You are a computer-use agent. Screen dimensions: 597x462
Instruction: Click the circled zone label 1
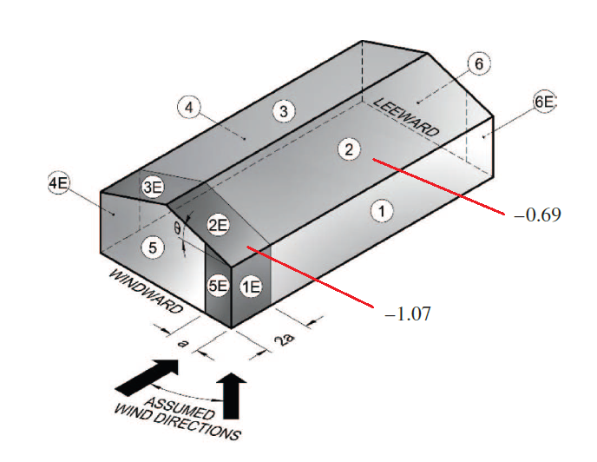[382, 211]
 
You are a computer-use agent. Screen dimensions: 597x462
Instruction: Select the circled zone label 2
[349, 148]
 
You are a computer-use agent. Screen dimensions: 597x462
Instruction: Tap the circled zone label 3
[284, 111]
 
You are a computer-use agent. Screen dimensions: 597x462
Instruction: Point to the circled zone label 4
[189, 108]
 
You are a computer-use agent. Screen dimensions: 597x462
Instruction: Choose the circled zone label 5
[153, 247]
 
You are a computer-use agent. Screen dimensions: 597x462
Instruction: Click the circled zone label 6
[479, 63]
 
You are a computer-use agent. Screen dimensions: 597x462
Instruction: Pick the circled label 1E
[252, 287]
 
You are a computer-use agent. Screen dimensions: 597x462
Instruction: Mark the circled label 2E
[218, 225]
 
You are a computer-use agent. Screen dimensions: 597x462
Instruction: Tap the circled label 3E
[153, 188]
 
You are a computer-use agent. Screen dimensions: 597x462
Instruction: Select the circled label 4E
[59, 183]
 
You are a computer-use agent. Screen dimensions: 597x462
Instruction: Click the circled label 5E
[218, 286]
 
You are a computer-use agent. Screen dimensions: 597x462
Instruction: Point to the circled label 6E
[544, 102]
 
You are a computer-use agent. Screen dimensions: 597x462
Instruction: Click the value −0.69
[537, 215]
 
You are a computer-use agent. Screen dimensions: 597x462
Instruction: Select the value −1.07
[408, 314]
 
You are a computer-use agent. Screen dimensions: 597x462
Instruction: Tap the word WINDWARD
[146, 292]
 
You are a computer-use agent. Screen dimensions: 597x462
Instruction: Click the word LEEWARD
[406, 117]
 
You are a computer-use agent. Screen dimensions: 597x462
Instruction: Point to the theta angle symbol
[177, 228]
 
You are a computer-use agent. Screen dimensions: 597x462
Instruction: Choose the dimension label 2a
[286, 339]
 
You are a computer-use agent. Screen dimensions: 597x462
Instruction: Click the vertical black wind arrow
[232, 395]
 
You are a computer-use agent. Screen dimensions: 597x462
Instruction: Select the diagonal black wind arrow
[147, 378]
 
